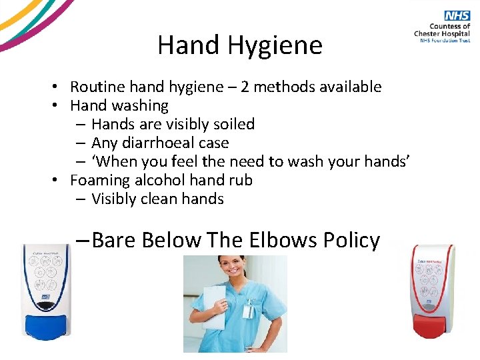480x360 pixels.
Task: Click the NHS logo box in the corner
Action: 458,16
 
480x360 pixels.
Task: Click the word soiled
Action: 233,124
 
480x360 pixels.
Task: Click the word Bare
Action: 115,240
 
